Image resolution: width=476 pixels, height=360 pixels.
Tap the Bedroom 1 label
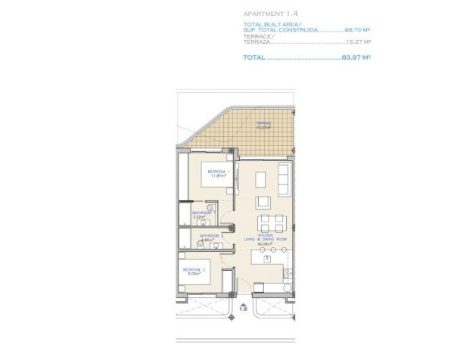pos(218,172)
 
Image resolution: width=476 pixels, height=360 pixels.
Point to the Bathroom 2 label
pos(211,235)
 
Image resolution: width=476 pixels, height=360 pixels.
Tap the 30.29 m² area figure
pos(264,244)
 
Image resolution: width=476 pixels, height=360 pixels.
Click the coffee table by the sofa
pos(263,202)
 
